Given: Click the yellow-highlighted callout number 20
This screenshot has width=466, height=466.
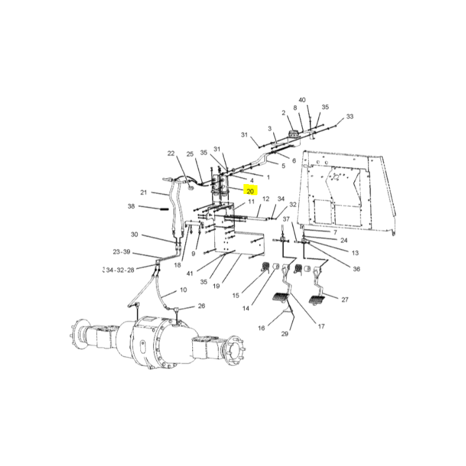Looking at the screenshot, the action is click(x=250, y=191).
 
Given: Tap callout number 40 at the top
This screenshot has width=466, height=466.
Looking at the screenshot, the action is click(x=302, y=100).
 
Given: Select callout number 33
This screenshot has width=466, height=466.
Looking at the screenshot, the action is click(x=350, y=116).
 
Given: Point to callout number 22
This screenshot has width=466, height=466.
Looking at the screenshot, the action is click(x=171, y=153).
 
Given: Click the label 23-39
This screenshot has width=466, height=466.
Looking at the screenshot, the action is click(x=122, y=252).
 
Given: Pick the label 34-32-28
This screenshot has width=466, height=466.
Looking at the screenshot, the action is click(x=120, y=270).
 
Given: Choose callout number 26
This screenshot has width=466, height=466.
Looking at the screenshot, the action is click(x=202, y=306).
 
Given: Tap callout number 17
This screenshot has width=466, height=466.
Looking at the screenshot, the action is click(x=322, y=326).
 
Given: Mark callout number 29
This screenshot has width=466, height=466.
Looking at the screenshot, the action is click(x=285, y=334).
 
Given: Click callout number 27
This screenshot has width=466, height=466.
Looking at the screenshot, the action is click(x=345, y=299).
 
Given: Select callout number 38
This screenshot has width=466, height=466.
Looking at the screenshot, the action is click(x=131, y=206).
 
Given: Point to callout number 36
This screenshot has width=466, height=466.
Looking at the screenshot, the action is click(x=356, y=269).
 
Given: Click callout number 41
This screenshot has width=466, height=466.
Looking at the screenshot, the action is click(x=190, y=273).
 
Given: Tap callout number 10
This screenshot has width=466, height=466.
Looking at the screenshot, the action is click(x=183, y=290).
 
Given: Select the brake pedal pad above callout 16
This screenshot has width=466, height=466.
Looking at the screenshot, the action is click(x=280, y=298).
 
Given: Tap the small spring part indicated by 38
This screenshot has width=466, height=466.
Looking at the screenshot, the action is click(x=164, y=209).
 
